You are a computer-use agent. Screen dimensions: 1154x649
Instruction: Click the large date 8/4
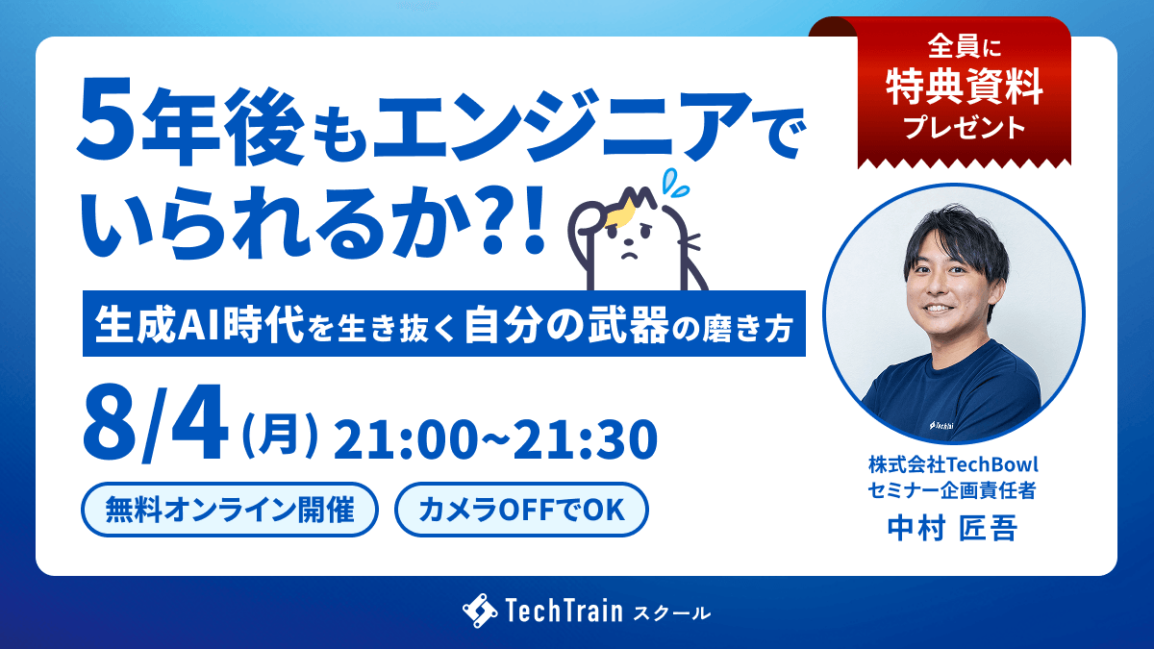[x=155, y=423]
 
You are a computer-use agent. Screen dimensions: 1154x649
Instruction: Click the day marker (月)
[x=280, y=436]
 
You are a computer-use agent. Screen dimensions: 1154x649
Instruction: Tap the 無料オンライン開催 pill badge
[x=230, y=510]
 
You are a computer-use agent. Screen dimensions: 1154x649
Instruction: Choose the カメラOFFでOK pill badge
[x=521, y=510]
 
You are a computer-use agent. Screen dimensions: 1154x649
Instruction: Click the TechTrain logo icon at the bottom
[x=480, y=611]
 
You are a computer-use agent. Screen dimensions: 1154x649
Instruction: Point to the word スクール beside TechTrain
[x=672, y=613]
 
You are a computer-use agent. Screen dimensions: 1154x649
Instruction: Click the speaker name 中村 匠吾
[x=952, y=529]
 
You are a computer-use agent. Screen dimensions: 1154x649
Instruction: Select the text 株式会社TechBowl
[x=953, y=464]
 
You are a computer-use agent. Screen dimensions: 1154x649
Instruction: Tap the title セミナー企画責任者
[x=952, y=490]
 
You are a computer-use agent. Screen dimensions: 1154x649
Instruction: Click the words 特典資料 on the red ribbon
[x=965, y=87]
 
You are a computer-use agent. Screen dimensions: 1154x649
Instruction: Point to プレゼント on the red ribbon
[x=965, y=127]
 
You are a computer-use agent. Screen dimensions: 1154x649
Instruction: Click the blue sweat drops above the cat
[x=675, y=183]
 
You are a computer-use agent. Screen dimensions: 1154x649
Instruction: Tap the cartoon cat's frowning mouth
[x=629, y=255]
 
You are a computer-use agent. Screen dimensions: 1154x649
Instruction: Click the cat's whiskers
[x=690, y=241]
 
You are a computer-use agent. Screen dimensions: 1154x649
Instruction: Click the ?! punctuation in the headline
[x=510, y=220]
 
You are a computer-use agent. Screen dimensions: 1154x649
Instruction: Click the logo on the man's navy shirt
[x=941, y=425]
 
